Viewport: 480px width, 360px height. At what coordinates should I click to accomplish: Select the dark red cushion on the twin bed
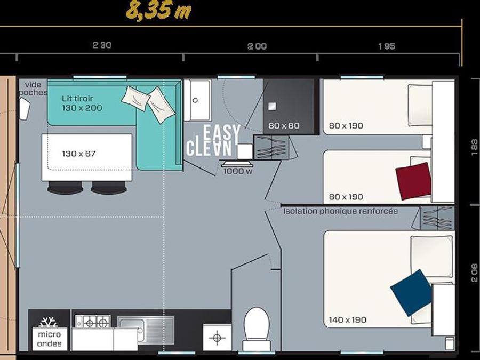pos(413,181)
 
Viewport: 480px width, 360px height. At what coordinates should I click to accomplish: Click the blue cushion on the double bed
pos(412,292)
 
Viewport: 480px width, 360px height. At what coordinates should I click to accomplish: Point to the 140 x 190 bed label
pos(347,320)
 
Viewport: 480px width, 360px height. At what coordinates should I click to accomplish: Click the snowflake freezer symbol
pos(48,322)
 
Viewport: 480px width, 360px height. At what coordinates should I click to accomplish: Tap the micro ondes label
pos(49,339)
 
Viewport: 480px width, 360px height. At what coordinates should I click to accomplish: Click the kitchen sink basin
pos(146,330)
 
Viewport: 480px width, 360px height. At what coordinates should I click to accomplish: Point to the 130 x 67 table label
pos(79,154)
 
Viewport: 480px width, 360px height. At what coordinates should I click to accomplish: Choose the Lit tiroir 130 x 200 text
pos(82,103)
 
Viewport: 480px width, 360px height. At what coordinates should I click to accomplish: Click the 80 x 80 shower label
pos(284,125)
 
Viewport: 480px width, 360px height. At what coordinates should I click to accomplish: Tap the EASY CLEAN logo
pos(213,140)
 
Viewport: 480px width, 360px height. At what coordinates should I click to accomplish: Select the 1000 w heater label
pos(238,171)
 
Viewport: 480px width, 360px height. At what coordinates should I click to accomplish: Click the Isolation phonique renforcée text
pos(340,211)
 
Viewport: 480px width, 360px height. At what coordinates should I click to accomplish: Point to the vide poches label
pos(33,88)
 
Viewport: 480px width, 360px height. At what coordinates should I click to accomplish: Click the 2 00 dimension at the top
pos(257,46)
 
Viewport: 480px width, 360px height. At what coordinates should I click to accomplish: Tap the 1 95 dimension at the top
pos(387,46)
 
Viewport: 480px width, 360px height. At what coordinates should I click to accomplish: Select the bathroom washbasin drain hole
pos(195,100)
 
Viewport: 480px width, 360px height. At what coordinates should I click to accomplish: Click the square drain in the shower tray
pos(272,106)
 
